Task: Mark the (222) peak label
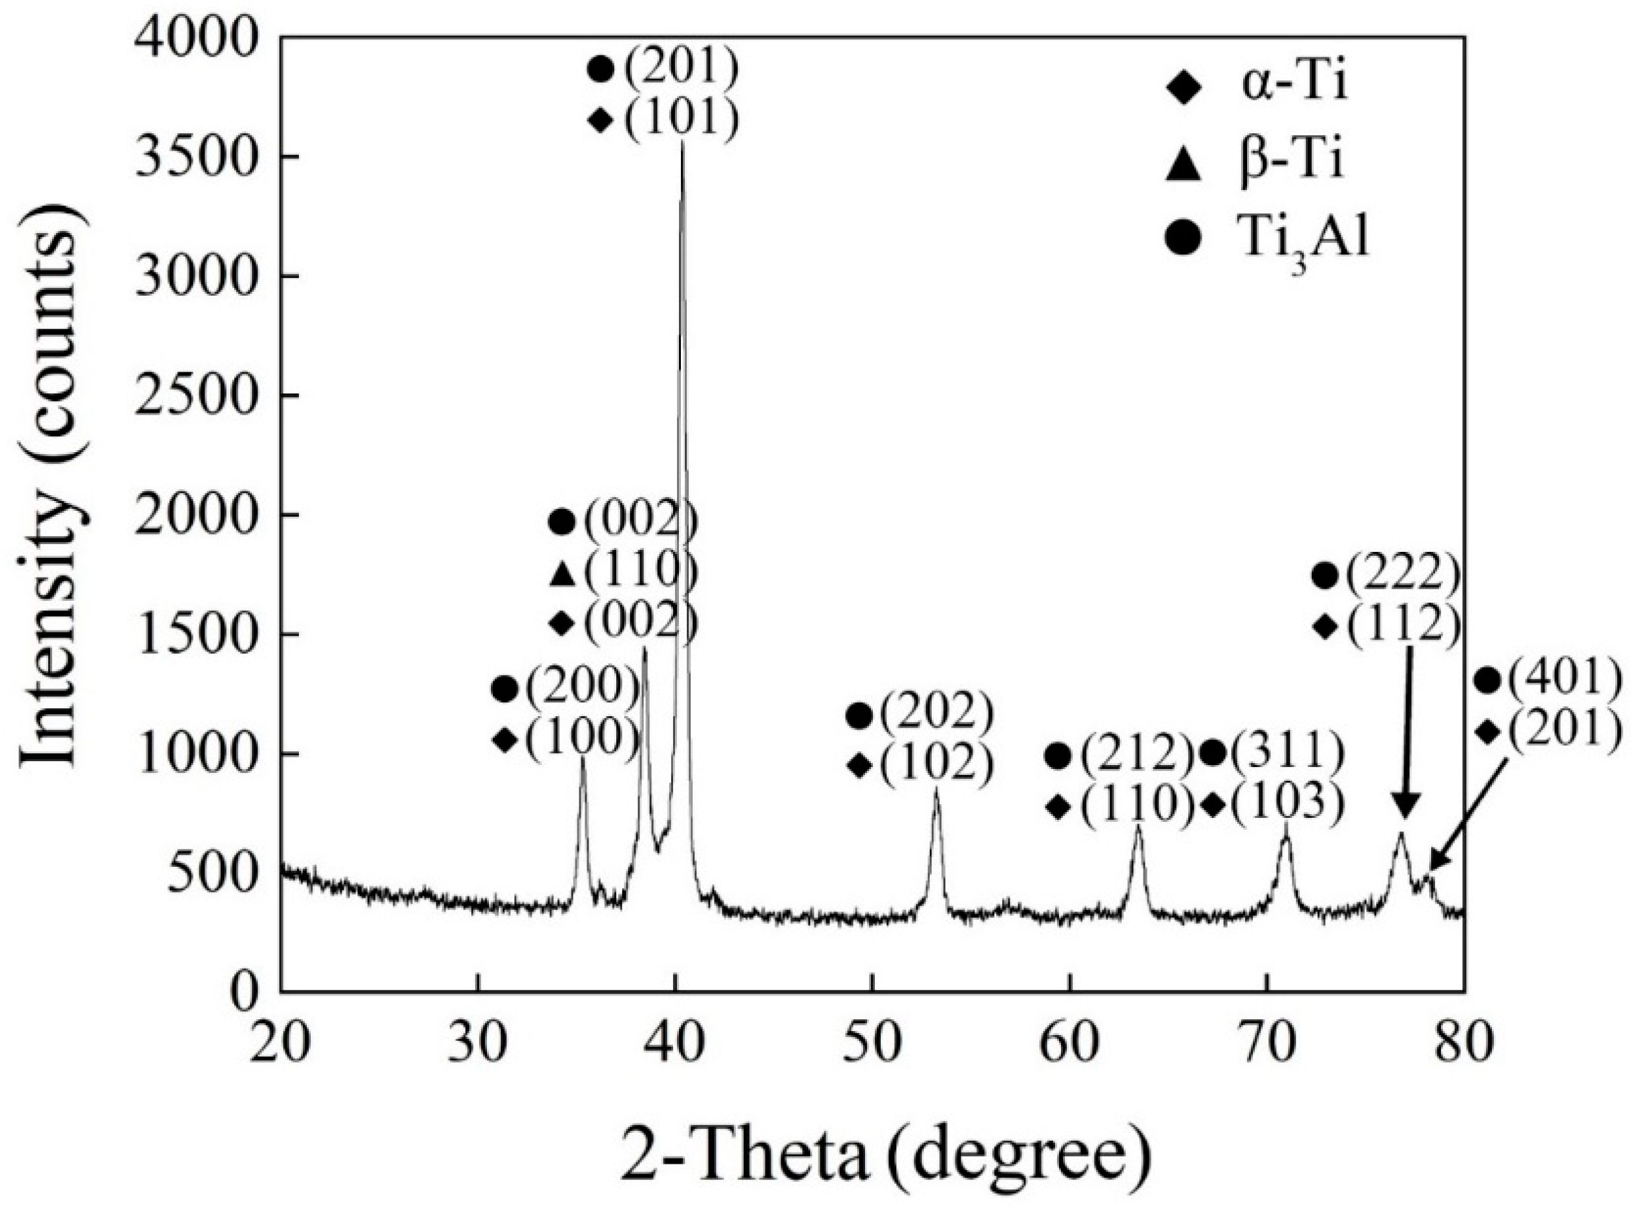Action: (1391, 576)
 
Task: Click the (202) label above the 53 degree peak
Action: (938, 715)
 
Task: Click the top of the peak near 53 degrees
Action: (936, 788)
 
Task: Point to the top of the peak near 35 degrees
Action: (583, 759)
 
